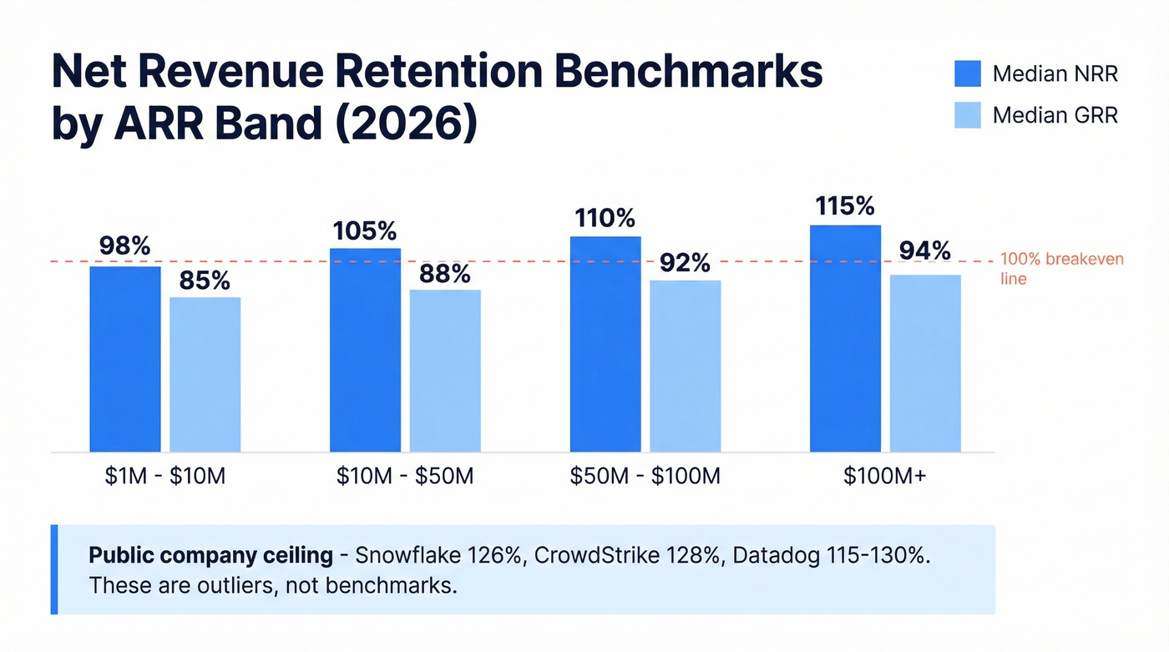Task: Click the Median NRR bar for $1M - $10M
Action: tap(125, 359)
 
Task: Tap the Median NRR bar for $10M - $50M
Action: tap(365, 350)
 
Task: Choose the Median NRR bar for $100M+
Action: tap(845, 338)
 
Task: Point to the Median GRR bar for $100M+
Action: tap(925, 363)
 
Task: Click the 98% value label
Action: tap(125, 246)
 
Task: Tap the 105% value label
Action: tap(365, 230)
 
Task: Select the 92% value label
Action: tap(686, 263)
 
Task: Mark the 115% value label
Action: tap(845, 206)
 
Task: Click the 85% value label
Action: tap(205, 281)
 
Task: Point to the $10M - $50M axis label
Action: tap(405, 477)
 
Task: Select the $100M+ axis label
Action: tap(885, 477)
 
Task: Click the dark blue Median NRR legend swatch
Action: tap(968, 73)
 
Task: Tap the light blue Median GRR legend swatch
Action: tap(968, 115)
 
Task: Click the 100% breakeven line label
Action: tap(1061, 269)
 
